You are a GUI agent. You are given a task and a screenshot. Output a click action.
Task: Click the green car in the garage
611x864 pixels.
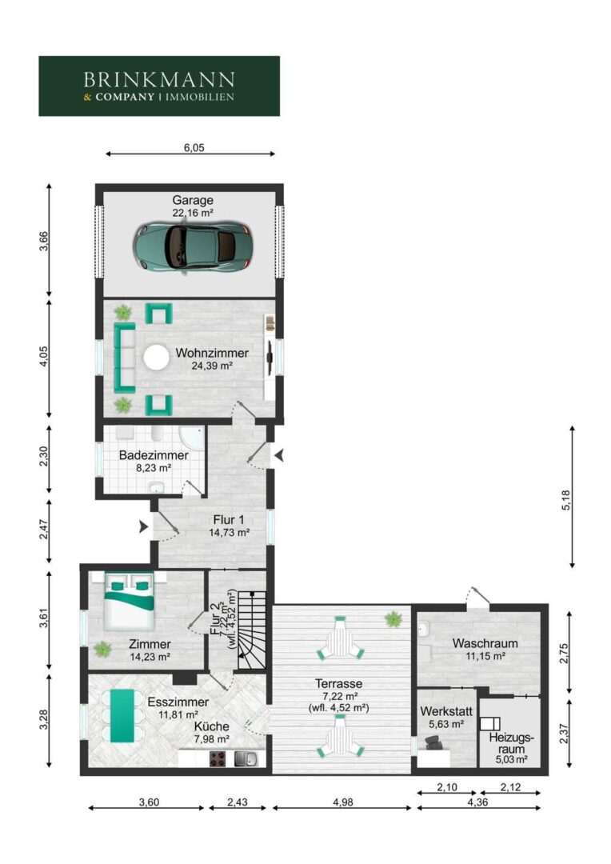[x=193, y=247]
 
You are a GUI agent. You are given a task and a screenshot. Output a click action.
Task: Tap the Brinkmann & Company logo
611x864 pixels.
[x=159, y=86]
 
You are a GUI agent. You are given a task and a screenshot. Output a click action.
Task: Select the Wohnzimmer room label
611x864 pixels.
[x=212, y=353]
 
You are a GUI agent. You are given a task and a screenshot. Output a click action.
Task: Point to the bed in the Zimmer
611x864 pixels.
[x=130, y=601]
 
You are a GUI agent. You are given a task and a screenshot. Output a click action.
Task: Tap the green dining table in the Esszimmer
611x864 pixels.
[x=122, y=715]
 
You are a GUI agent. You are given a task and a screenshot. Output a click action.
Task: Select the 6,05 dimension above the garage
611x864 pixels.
[x=194, y=148]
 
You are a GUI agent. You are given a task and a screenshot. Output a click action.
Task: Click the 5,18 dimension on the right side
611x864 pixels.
[x=566, y=500]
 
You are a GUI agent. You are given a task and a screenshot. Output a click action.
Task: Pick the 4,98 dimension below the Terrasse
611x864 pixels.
[x=343, y=802]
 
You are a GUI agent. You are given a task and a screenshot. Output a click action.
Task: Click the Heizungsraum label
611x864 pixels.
[x=512, y=743]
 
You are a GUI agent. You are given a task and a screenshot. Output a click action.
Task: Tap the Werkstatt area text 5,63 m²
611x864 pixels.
[x=446, y=725]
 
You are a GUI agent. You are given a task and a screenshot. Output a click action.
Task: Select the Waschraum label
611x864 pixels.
[x=485, y=643]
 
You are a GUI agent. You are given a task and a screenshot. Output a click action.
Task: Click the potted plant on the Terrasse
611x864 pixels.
[x=393, y=618]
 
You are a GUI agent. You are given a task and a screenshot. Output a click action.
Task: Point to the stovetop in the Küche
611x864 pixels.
[x=219, y=758]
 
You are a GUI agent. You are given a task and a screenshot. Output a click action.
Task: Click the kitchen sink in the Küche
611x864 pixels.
[x=246, y=758]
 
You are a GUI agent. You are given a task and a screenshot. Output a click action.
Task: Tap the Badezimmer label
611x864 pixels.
[x=154, y=456]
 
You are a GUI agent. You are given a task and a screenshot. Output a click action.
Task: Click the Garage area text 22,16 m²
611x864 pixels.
[x=193, y=213]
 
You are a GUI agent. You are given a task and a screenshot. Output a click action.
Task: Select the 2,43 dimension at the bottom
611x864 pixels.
[x=238, y=802]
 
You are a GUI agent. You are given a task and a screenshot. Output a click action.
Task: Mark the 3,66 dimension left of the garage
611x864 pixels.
[x=43, y=241]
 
